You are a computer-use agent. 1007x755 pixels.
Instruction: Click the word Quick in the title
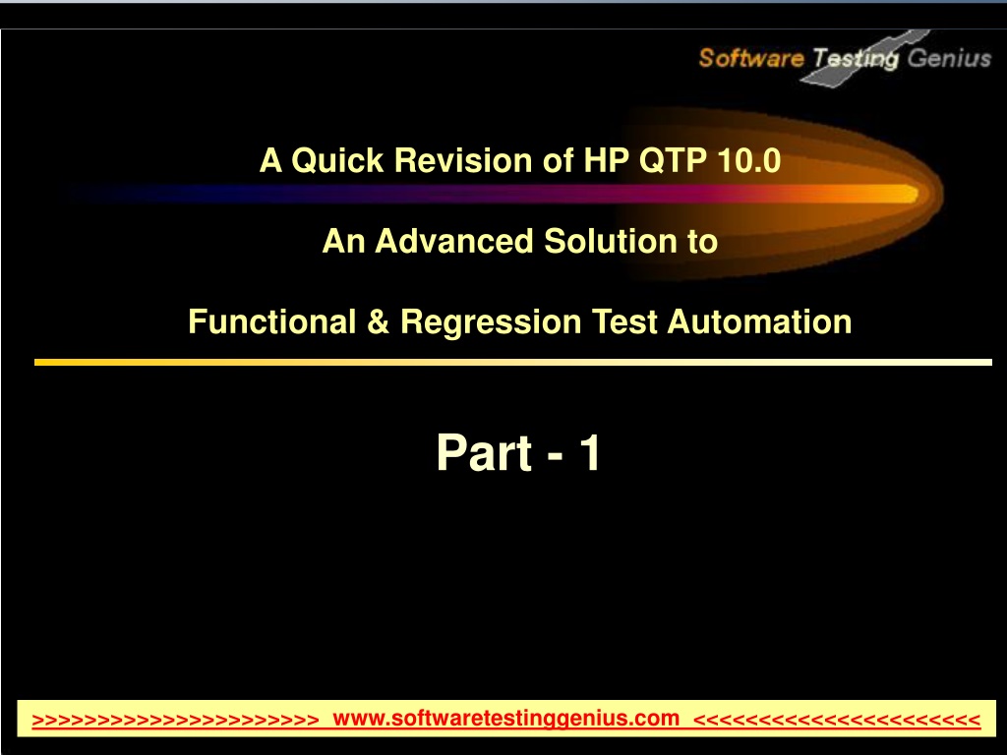337,160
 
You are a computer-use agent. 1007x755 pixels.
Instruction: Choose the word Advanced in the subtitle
454,242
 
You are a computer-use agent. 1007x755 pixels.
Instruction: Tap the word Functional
272,321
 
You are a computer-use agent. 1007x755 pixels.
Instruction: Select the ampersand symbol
379,321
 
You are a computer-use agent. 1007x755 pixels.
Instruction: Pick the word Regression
491,322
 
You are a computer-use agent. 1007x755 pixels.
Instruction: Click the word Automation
760,321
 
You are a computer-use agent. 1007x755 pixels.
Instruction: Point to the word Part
485,452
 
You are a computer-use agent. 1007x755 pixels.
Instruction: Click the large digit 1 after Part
590,452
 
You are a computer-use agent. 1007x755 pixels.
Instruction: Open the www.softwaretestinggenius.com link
506,718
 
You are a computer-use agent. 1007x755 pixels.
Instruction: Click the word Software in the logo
751,58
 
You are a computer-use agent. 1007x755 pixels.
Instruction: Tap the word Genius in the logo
949,58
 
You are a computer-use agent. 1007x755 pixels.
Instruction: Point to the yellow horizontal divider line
513,362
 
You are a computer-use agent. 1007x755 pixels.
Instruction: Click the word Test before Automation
624,321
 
